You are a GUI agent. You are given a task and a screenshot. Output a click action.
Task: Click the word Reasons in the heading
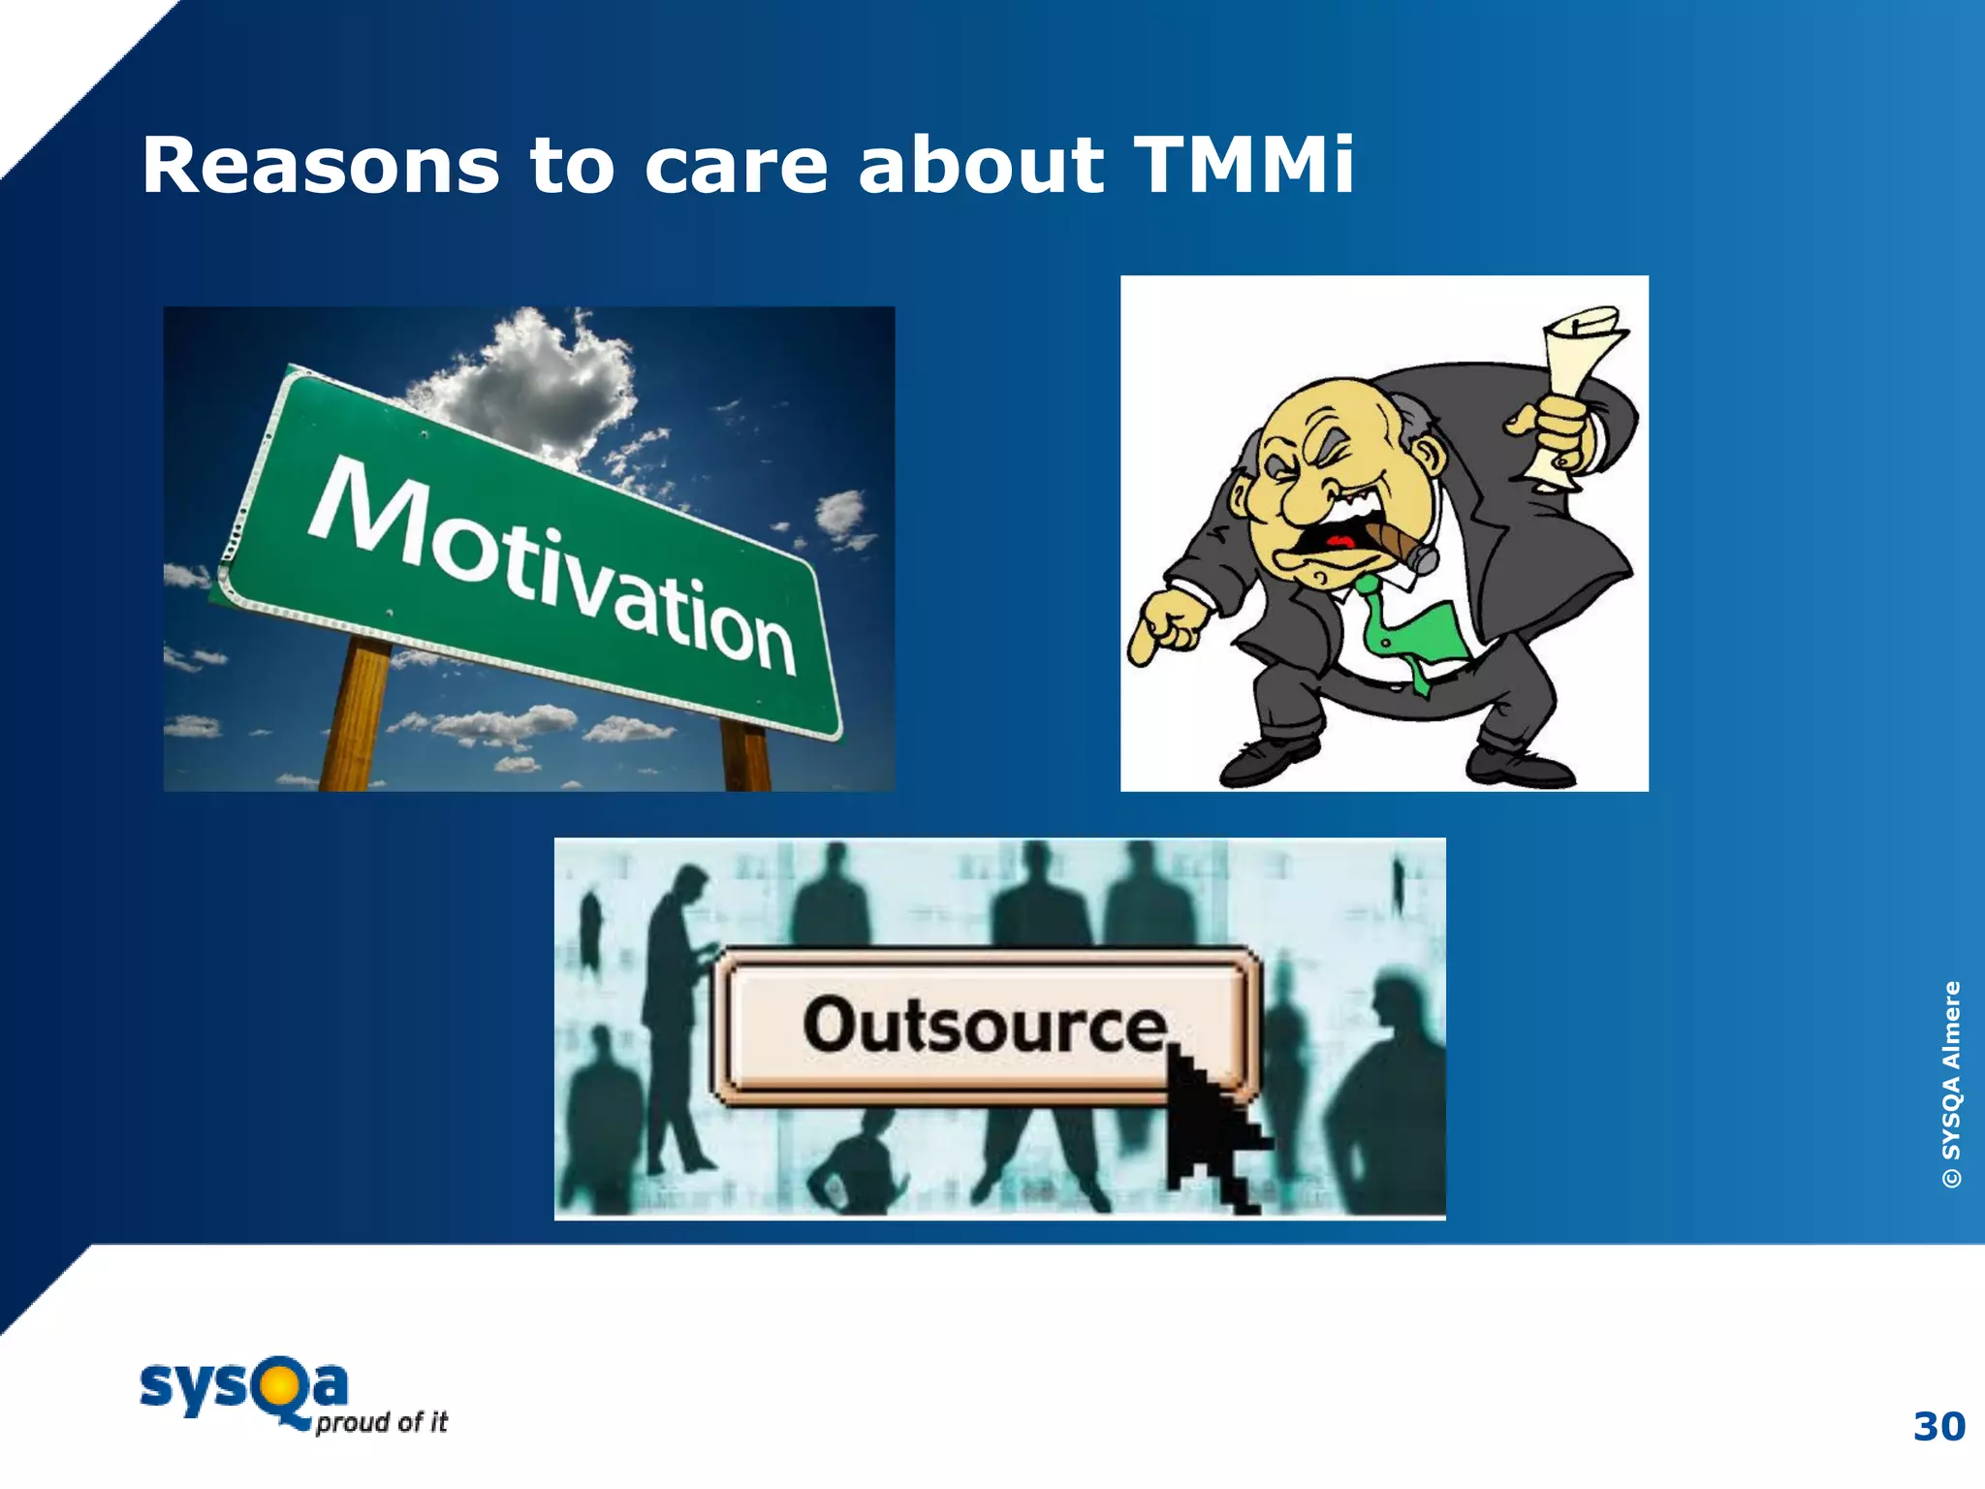321,165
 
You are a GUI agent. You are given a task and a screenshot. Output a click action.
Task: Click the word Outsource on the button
984,1026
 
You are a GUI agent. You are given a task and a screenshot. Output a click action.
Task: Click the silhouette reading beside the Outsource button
674,1008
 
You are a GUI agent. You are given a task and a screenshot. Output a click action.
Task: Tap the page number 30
1938,1427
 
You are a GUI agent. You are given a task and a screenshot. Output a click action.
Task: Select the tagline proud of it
381,1422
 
